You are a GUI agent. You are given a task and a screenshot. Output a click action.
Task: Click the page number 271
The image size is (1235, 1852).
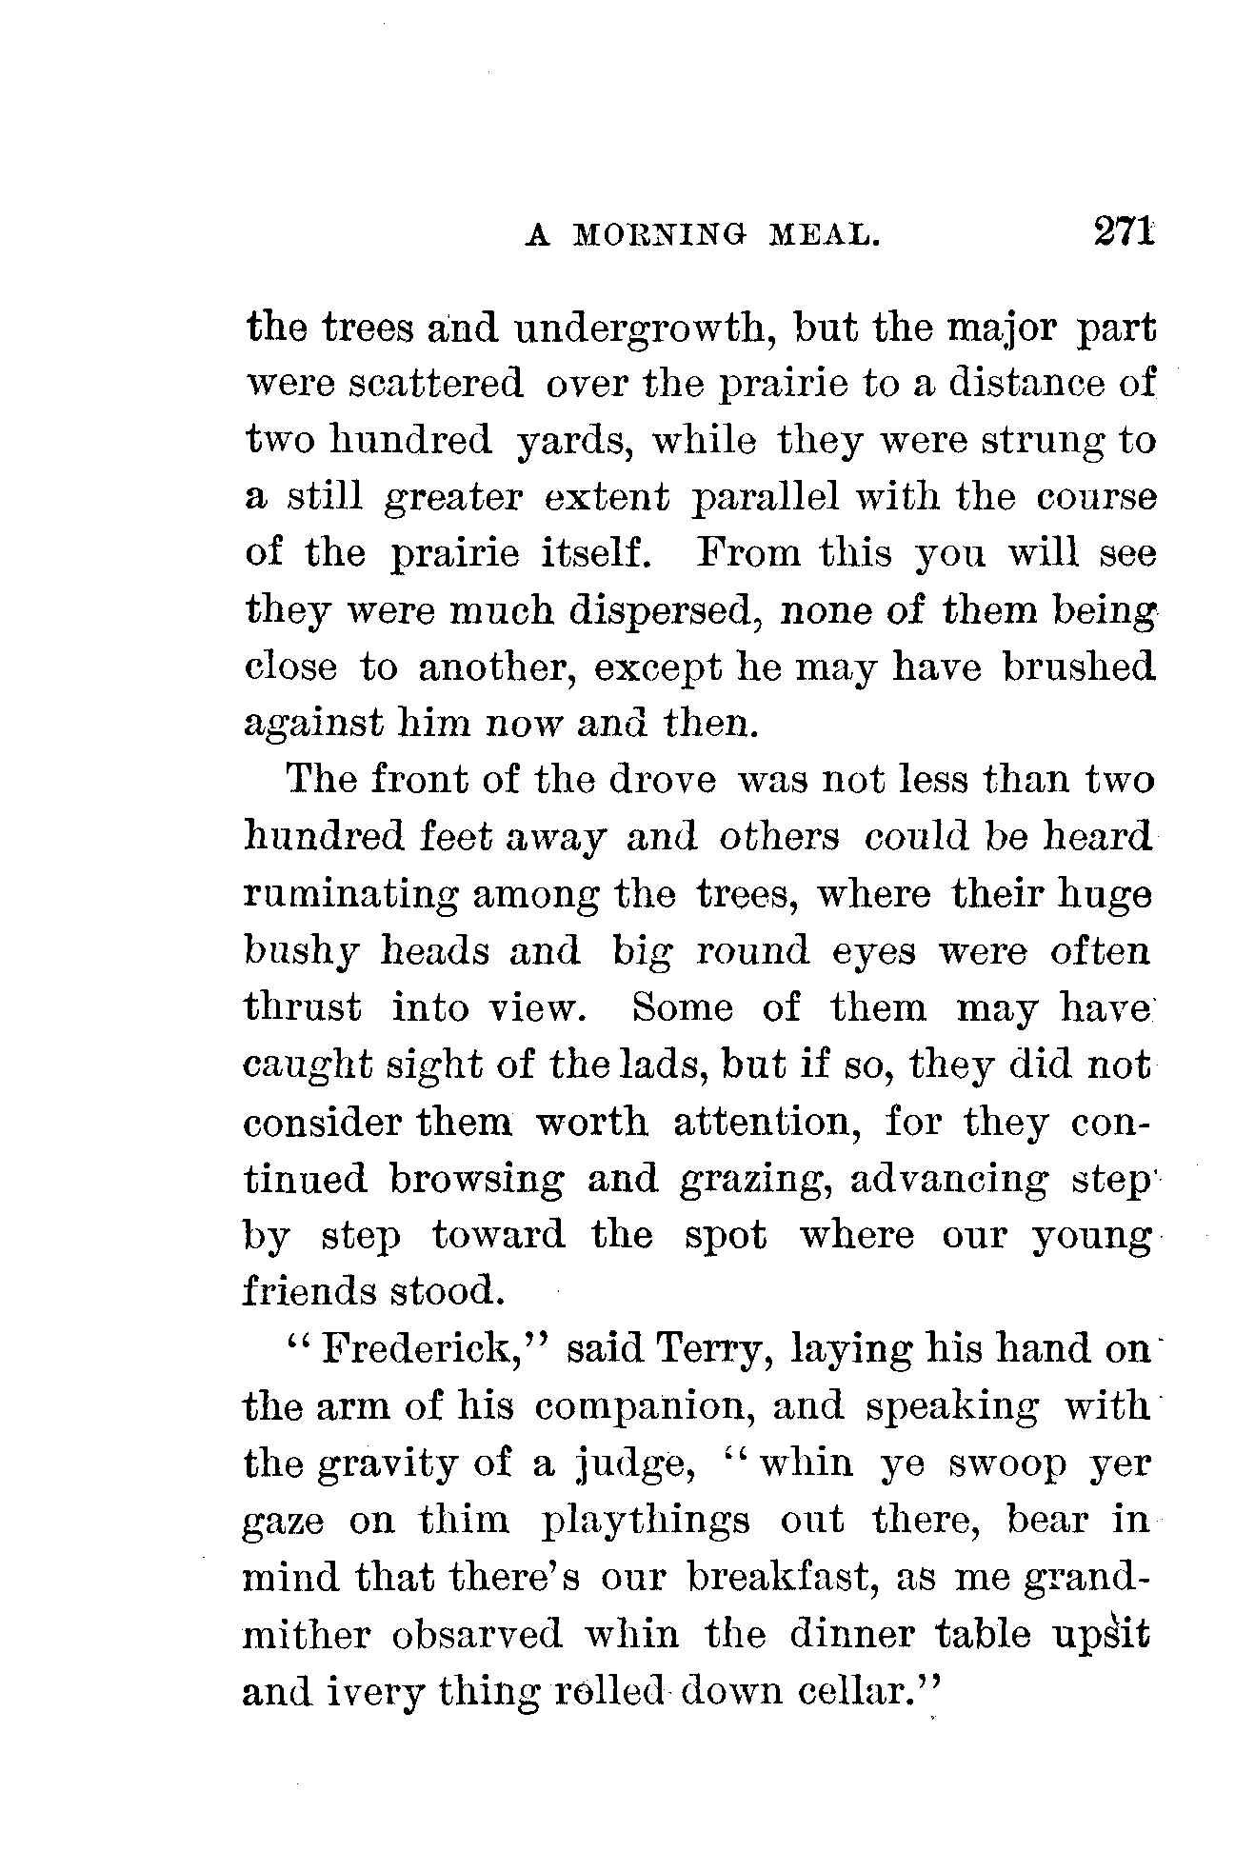[x=1125, y=231]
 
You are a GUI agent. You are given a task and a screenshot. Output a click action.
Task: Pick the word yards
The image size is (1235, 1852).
[x=568, y=443]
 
